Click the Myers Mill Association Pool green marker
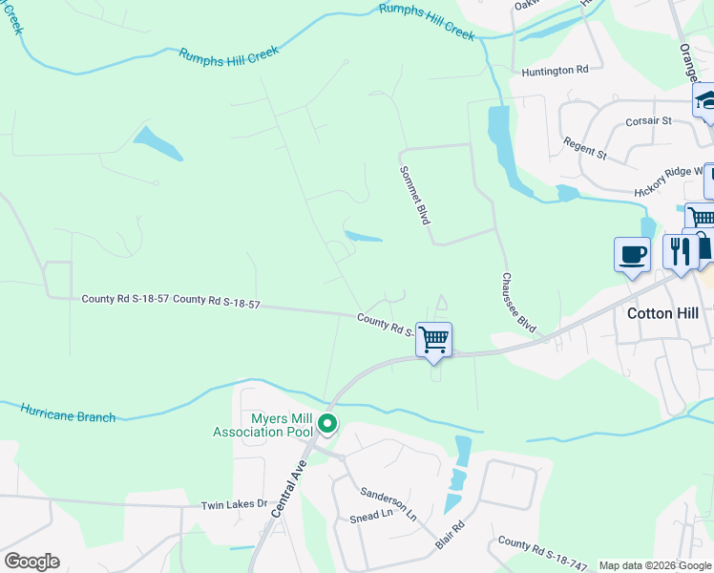327,423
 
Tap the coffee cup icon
632,255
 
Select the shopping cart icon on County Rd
434,340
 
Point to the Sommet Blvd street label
414,193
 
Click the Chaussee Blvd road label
518,303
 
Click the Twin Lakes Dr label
233,504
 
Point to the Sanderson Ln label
388,503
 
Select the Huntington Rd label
555,71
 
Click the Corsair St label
649,121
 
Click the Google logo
31,562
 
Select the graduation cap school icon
706,101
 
